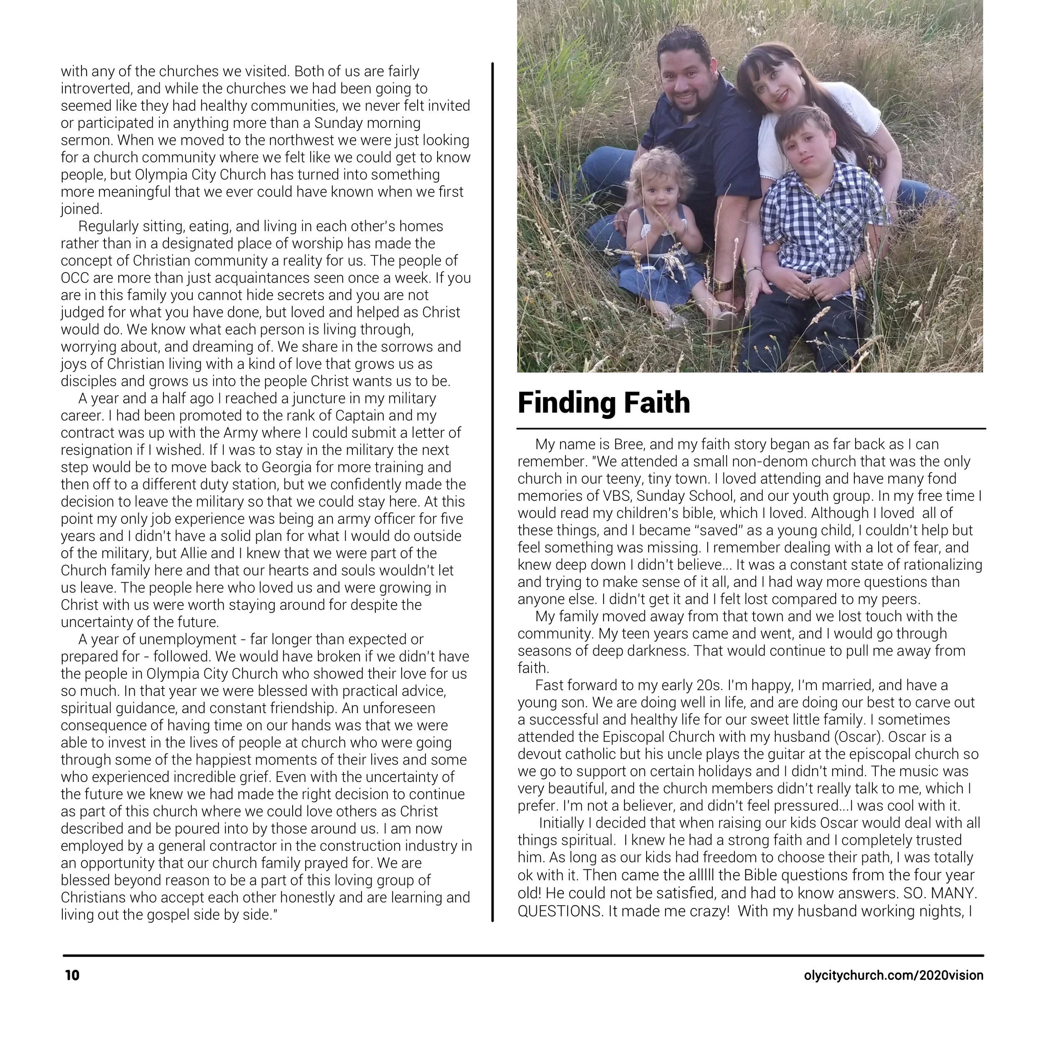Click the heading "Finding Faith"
coord(604,403)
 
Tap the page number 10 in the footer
coord(72,975)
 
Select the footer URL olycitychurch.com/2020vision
coord(894,975)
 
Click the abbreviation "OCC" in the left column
coord(75,278)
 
